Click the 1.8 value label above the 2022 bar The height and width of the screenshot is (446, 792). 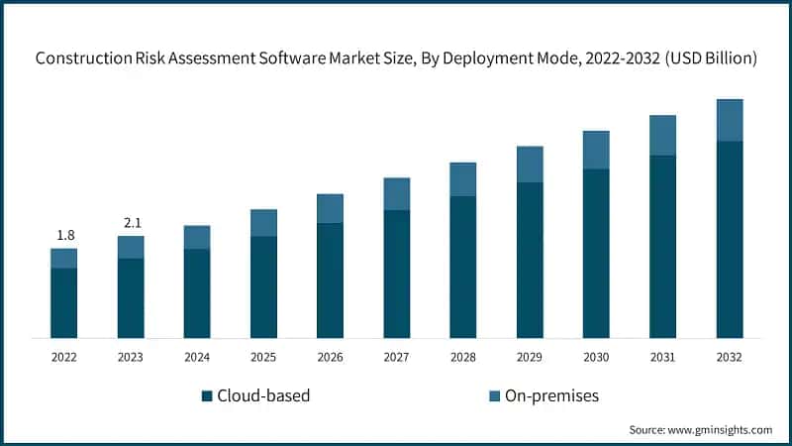64,235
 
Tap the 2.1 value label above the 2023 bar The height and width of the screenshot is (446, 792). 131,223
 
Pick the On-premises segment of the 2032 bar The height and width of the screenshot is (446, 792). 729,120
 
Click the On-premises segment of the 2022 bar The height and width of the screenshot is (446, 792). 64,258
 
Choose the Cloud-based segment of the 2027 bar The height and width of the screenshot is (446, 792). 396,274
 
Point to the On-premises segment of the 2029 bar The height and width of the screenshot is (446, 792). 530,165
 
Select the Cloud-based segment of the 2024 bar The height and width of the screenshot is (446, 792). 197,293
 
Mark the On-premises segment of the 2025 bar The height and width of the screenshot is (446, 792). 263,223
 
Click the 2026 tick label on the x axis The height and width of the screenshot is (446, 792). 330,357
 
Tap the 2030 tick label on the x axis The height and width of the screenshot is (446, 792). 596,357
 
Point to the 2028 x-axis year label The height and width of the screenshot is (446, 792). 463,357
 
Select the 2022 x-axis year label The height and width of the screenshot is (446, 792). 64,357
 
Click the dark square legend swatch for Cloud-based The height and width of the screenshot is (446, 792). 207,396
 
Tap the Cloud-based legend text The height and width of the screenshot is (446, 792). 264,396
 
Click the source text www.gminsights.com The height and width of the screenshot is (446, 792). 720,429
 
